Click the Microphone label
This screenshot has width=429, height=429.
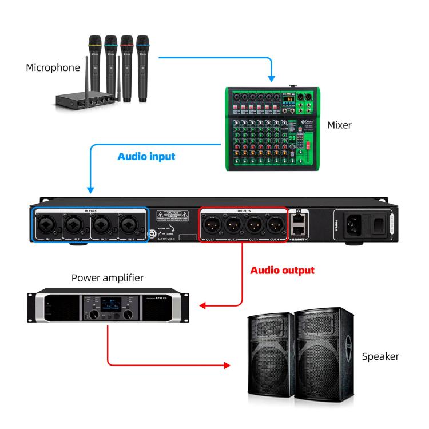click(x=53, y=68)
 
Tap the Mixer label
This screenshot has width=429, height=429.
click(x=340, y=125)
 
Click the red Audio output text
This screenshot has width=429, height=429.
click(x=283, y=269)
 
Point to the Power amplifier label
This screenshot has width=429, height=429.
click(x=108, y=278)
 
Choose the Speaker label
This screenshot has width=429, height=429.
click(x=380, y=356)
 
